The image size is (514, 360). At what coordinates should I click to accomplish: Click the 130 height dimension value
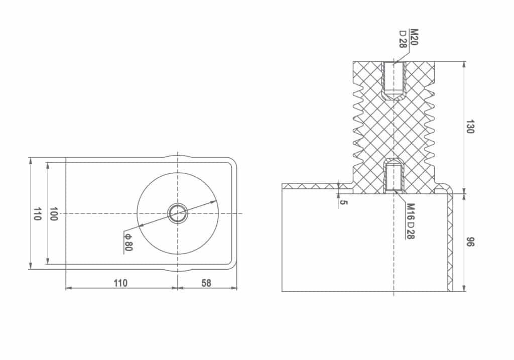(470, 127)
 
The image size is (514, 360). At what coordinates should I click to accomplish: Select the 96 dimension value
(470, 242)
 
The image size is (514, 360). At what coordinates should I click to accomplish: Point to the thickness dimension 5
(343, 202)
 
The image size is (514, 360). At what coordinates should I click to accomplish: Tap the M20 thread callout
(414, 37)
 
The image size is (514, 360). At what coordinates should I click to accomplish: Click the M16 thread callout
(410, 211)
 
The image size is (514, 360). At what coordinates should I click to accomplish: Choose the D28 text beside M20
(403, 39)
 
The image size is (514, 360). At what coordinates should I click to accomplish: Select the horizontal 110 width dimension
(120, 283)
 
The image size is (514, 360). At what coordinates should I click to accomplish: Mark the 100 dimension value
(54, 214)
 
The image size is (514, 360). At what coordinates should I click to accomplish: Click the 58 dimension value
(206, 283)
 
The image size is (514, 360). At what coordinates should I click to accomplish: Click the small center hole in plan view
(178, 213)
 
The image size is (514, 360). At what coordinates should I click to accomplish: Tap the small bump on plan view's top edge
(178, 156)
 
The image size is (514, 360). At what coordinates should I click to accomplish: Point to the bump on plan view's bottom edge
(178, 270)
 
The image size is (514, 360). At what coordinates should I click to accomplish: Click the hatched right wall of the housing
(450, 241)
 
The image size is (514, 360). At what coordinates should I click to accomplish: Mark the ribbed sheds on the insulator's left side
(358, 126)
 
